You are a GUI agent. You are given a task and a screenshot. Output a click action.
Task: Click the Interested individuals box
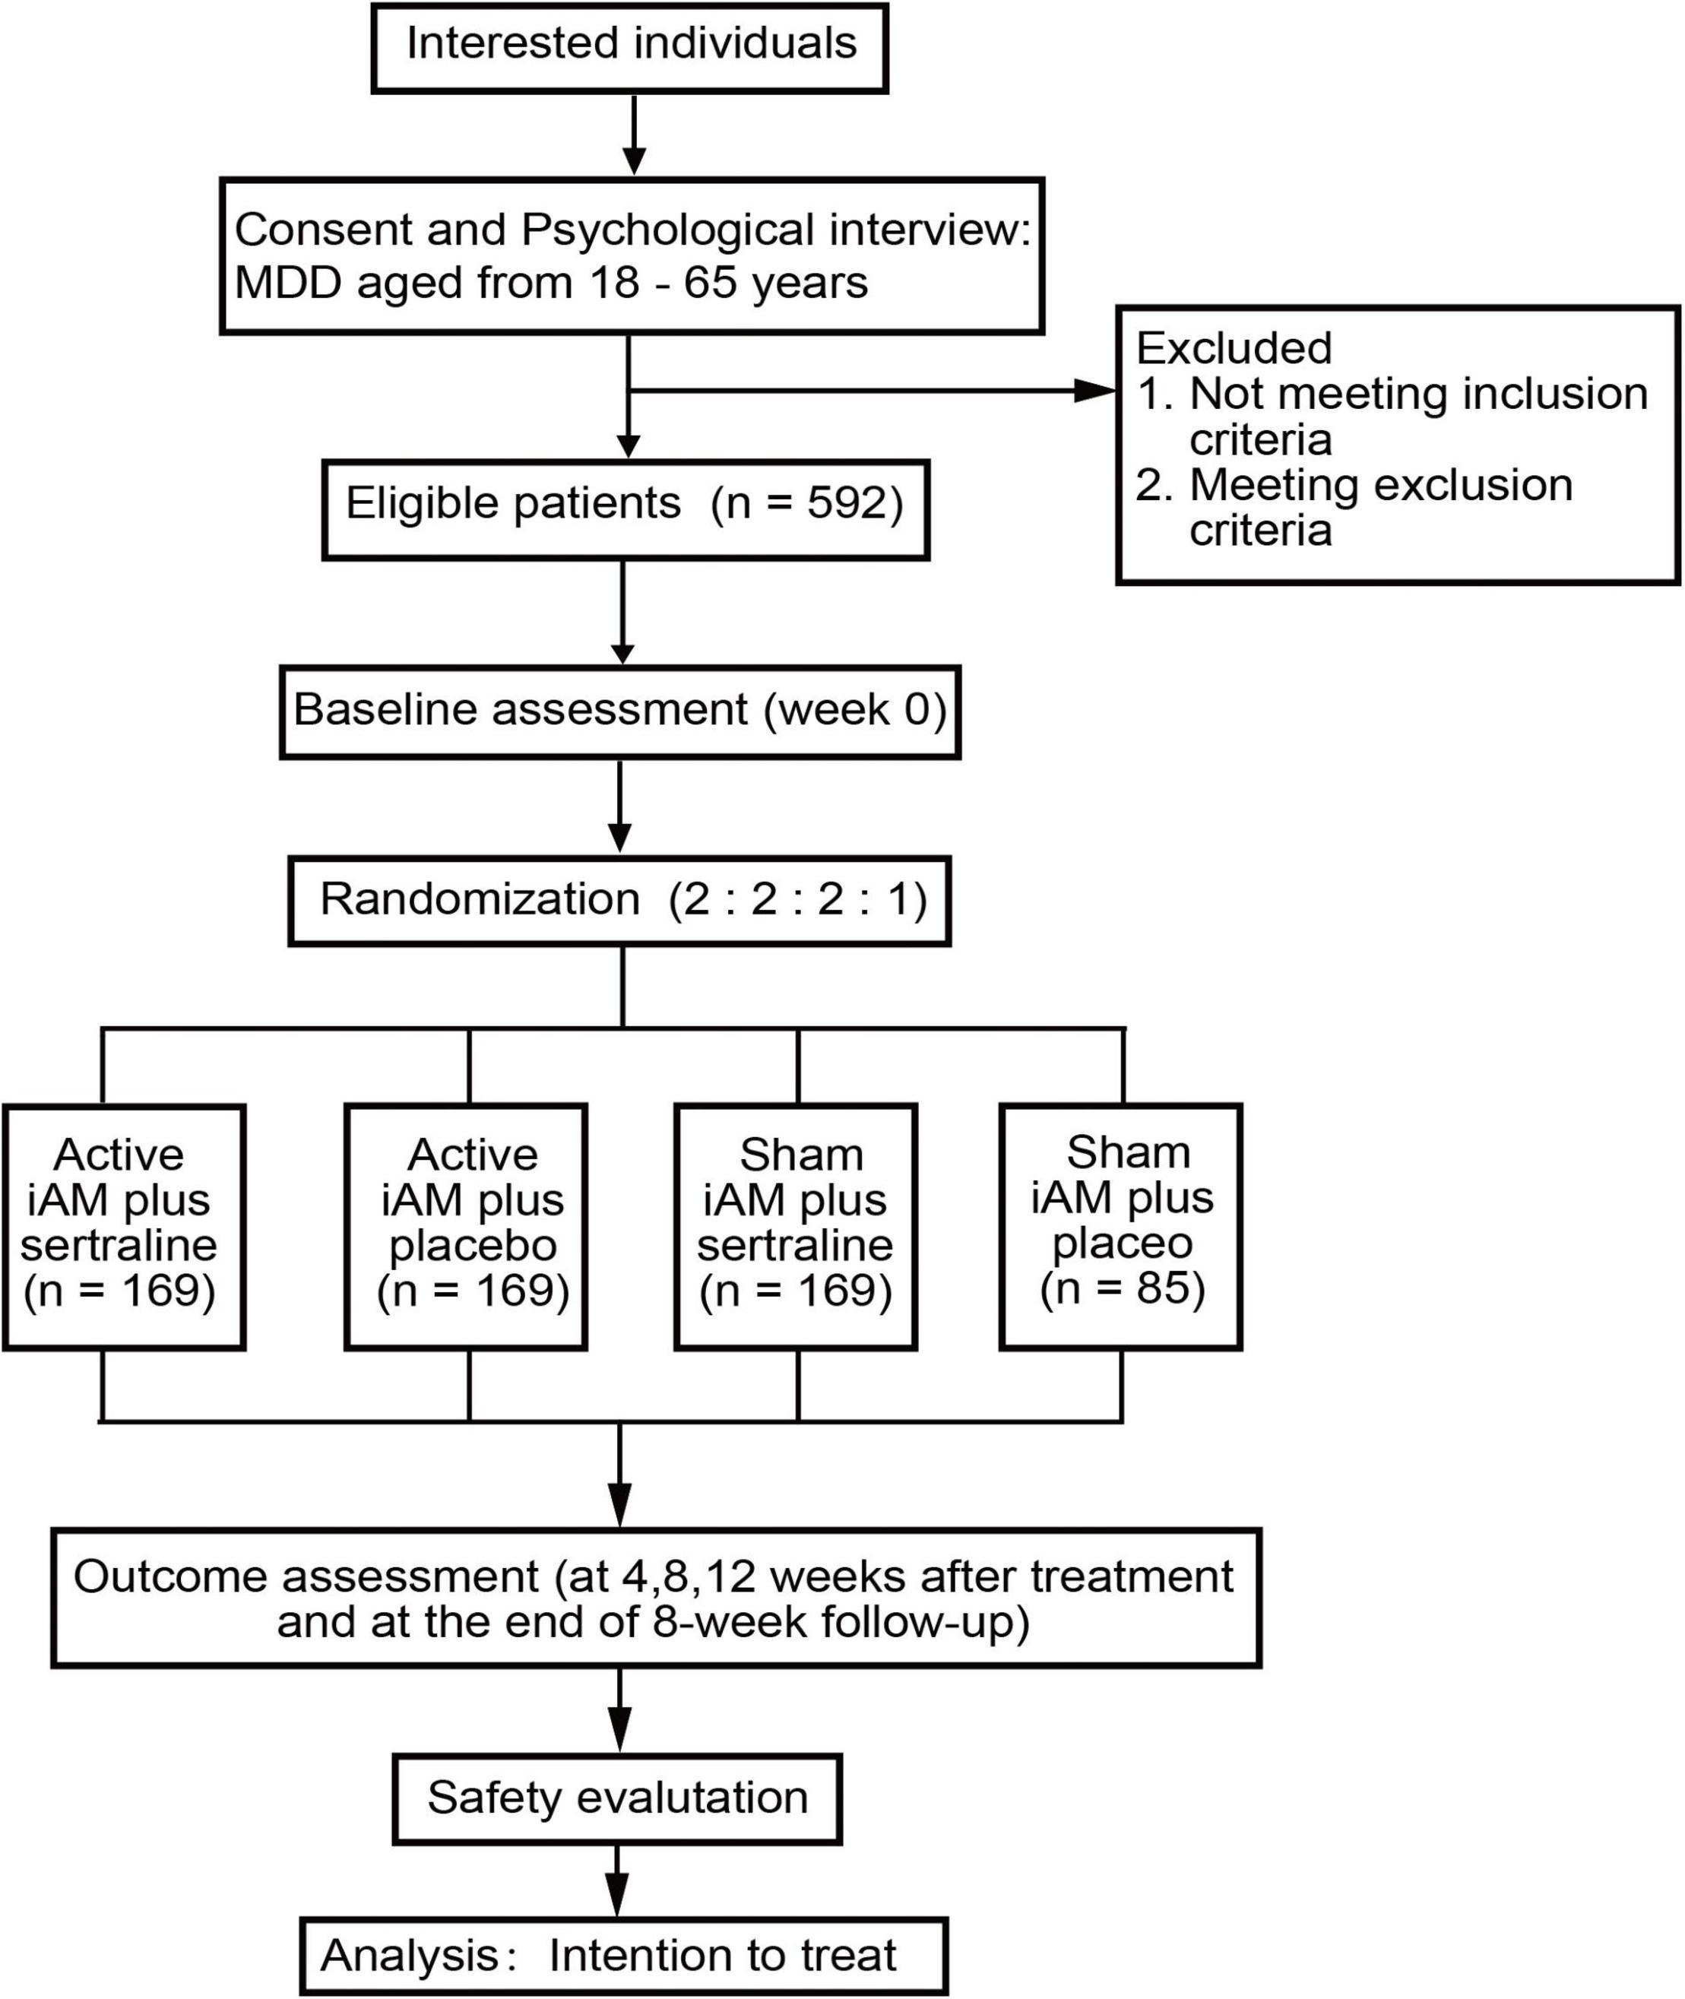coord(629,48)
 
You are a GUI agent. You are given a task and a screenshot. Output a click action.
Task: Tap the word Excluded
coord(1234,347)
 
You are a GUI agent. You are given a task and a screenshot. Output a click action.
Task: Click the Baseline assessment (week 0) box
coord(620,711)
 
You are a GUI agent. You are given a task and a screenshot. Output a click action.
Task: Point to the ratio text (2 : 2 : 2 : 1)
coord(797,900)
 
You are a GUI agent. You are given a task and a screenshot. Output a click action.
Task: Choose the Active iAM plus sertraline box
coord(124,1228)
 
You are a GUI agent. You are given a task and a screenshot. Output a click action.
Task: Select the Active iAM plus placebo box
coord(465,1228)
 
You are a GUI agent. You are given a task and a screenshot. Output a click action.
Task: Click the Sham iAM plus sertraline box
coord(796,1228)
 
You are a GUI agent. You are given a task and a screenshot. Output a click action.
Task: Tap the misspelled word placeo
coord(1123,1243)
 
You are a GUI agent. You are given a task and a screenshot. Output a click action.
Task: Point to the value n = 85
coord(1123,1288)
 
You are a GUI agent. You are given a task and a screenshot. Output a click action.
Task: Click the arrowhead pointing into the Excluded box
coord(1094,390)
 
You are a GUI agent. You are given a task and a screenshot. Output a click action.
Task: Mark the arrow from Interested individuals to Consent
coord(635,135)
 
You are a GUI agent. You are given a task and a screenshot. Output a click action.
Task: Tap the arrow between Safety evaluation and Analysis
coord(617,1880)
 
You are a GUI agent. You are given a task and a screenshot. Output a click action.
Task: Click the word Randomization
coord(480,900)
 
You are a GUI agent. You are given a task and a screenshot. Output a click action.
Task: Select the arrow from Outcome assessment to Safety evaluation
coord(620,1712)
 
